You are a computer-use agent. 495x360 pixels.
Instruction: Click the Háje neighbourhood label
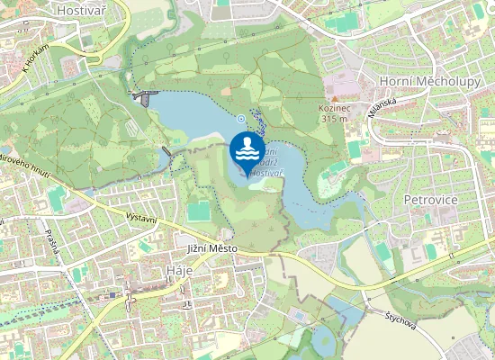coord(180,273)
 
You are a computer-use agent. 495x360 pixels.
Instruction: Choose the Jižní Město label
coord(211,247)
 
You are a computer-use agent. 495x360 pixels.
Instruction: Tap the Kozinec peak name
coord(333,107)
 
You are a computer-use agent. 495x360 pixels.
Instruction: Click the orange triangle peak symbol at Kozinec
coord(335,97)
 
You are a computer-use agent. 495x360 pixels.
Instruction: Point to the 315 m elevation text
coord(333,118)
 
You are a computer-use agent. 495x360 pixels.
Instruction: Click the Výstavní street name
coord(141,221)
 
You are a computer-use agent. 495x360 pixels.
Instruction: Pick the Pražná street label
coord(49,240)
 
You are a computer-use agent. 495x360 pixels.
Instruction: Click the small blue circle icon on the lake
coord(241,118)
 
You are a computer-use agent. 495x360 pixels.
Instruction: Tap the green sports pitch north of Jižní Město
coord(199,211)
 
